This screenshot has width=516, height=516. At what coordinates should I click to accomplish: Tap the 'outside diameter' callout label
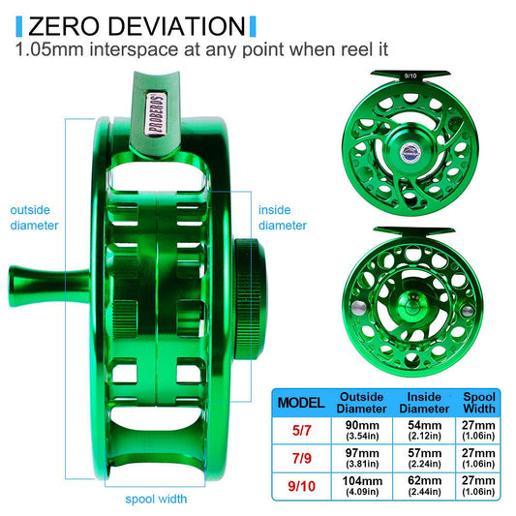coord(34,217)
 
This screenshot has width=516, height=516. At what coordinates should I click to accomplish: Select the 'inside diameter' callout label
coord(283,217)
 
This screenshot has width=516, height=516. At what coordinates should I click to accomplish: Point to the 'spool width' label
coord(156,500)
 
